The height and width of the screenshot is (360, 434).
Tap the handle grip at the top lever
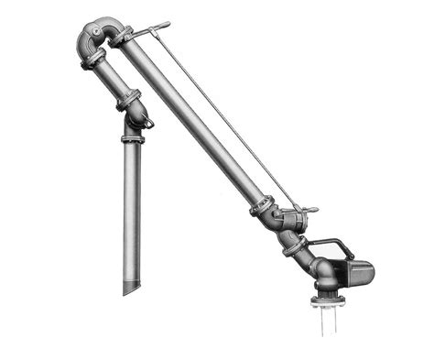[161, 26]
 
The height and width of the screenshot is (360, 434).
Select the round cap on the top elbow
[94, 35]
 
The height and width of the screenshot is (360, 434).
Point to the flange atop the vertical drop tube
[131, 139]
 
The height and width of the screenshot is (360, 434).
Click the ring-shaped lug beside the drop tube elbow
[147, 122]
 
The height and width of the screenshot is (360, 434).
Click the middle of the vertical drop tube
[132, 211]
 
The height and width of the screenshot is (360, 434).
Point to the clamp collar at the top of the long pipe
[123, 38]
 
